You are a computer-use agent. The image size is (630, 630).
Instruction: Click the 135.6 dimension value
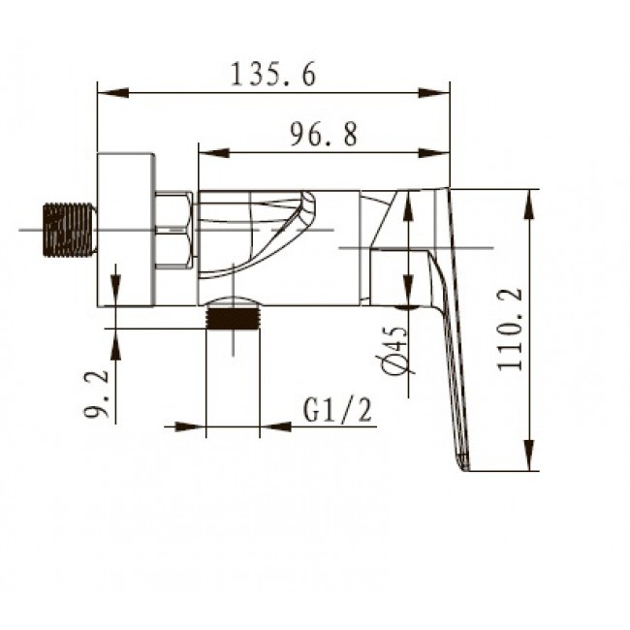273,74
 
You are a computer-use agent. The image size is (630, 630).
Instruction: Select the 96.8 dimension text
324,134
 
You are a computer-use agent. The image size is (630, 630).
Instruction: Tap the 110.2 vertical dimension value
510,330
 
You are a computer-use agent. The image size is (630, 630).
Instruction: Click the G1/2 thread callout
337,410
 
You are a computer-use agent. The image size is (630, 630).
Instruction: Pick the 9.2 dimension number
96,394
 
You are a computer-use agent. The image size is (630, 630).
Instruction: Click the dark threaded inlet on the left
69,230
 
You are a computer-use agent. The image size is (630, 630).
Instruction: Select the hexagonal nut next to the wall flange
173,231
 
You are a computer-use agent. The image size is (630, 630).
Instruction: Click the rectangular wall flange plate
126,230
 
